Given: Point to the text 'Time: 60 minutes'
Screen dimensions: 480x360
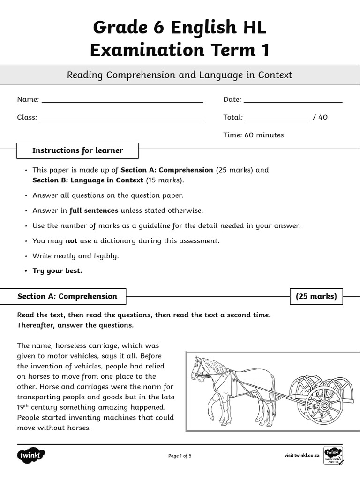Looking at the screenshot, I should [x=254, y=135].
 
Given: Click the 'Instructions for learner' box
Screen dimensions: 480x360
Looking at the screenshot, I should [x=77, y=151].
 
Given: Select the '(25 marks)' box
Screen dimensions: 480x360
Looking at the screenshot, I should [x=316, y=296].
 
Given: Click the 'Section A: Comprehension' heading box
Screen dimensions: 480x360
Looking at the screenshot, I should [x=67, y=296].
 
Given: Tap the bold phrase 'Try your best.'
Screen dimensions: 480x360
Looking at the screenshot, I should [x=57, y=271].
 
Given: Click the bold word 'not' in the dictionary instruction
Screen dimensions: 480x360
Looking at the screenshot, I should [x=71, y=241].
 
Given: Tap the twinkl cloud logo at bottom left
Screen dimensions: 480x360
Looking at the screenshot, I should [x=31, y=455].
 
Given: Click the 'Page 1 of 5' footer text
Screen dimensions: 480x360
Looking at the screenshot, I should [x=180, y=456].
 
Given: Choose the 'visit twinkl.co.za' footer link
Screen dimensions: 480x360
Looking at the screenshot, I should [x=302, y=456].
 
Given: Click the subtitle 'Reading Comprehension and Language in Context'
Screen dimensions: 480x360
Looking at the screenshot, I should [x=180, y=75].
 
